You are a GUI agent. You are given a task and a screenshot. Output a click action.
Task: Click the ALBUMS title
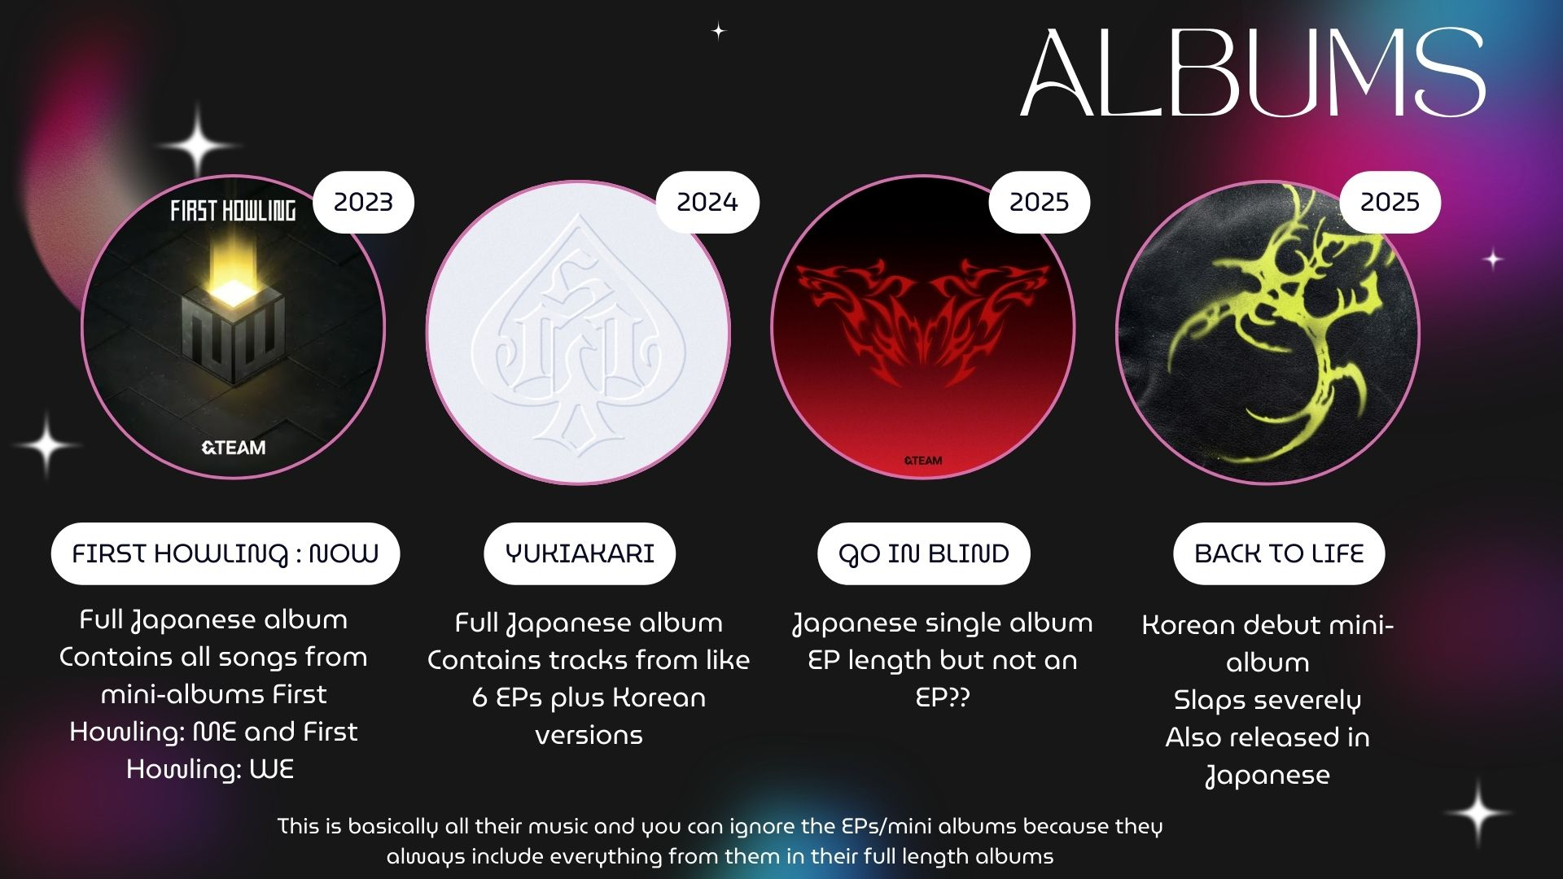tap(1253, 73)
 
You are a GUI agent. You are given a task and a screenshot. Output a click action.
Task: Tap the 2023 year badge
tap(363, 202)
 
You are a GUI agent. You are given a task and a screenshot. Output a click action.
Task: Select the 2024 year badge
tap(707, 202)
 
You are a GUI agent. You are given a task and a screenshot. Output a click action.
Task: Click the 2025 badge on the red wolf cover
tap(1039, 202)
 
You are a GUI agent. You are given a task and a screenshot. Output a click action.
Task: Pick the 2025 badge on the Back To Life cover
tap(1390, 202)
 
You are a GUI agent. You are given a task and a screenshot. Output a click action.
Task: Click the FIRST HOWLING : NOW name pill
tap(225, 553)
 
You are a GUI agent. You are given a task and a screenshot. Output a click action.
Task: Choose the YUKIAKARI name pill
tap(580, 553)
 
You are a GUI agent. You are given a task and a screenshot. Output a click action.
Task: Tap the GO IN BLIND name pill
tap(924, 553)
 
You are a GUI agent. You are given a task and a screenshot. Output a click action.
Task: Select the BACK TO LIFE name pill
tap(1279, 553)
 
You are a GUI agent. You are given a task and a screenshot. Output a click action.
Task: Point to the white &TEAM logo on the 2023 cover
tap(234, 448)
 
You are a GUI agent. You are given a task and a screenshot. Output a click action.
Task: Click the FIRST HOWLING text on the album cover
tap(233, 212)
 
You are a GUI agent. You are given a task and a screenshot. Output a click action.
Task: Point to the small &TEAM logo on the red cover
tap(923, 461)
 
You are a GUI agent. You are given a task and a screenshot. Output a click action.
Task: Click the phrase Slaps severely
tap(1267, 700)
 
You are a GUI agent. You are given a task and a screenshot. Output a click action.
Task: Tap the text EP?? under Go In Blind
tap(943, 698)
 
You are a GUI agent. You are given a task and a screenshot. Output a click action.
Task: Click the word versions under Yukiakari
tap(589, 736)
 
